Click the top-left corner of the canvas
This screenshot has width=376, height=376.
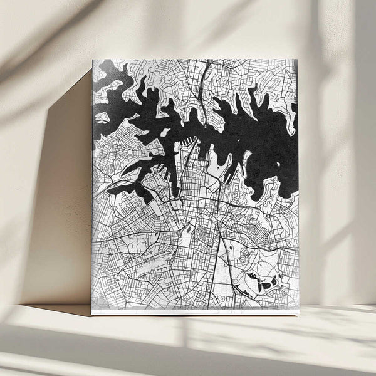click(x=93, y=60)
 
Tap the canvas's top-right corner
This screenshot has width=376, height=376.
click(x=297, y=60)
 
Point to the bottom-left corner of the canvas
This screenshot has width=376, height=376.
click(x=91, y=314)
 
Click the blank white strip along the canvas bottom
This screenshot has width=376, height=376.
click(x=194, y=311)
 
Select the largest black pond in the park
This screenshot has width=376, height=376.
click(x=256, y=276)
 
